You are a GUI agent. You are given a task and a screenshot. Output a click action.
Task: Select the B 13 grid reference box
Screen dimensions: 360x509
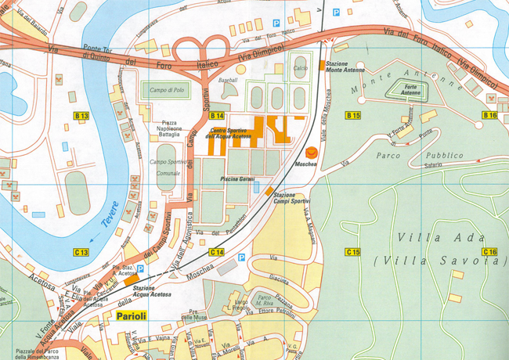point(81,117)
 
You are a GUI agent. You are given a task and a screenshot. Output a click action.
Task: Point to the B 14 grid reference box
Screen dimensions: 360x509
point(216,116)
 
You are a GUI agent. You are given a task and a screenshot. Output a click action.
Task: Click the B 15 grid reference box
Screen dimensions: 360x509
point(353,116)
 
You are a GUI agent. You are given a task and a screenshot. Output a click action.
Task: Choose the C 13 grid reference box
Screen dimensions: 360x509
point(81,252)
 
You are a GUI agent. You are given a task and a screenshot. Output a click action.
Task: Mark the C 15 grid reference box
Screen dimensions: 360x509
point(353,252)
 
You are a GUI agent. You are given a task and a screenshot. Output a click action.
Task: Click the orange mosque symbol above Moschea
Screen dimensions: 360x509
point(312,153)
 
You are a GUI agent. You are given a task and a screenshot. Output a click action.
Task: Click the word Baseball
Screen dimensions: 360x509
point(228,80)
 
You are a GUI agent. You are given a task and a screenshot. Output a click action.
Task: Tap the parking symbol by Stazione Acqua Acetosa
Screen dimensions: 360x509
point(140,269)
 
